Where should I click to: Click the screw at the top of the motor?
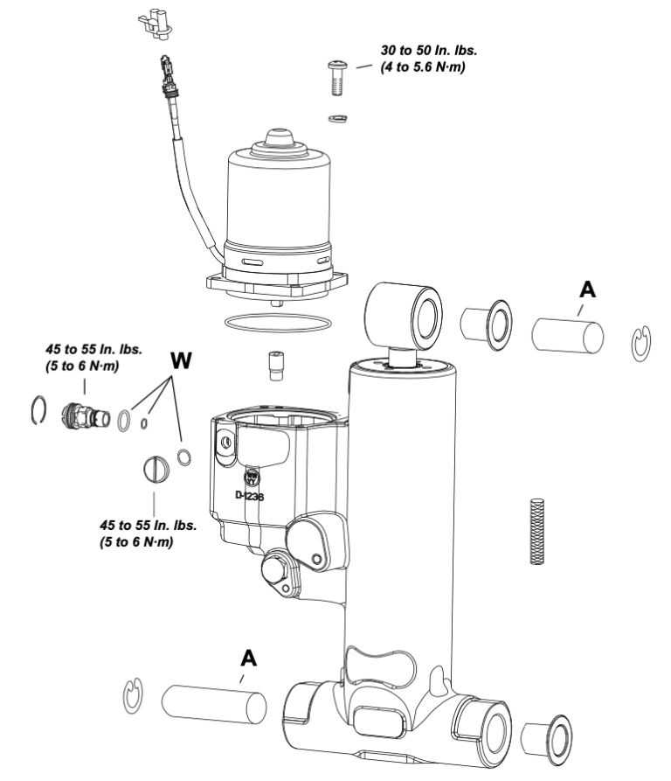click(336, 78)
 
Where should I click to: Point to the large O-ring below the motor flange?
click(278, 322)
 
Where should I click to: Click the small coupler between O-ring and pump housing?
click(275, 366)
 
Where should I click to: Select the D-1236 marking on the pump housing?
click(252, 494)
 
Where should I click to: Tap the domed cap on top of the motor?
click(278, 140)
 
